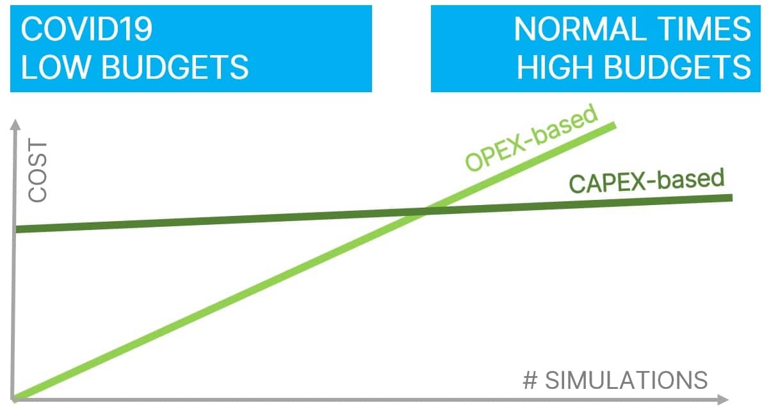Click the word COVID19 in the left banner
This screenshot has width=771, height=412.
tap(86, 29)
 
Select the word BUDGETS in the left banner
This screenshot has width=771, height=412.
tap(175, 67)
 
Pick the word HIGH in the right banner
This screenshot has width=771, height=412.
tap(555, 67)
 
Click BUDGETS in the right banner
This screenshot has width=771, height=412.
tap(678, 67)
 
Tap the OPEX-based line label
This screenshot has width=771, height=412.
tap(531, 138)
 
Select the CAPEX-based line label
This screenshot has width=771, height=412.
tap(647, 181)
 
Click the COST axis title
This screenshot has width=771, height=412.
tap(38, 170)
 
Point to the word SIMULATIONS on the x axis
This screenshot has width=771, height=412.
tap(626, 381)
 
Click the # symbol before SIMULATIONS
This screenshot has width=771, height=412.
tap(530, 381)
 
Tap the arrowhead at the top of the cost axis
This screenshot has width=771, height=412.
tap(15, 124)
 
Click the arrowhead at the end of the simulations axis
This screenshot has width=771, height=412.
tap(724, 400)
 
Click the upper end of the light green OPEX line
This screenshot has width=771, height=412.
tap(615, 126)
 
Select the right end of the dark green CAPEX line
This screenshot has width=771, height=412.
tap(732, 198)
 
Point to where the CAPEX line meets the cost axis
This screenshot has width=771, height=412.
tap(16, 229)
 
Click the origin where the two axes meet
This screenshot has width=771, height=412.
tap(13, 400)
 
